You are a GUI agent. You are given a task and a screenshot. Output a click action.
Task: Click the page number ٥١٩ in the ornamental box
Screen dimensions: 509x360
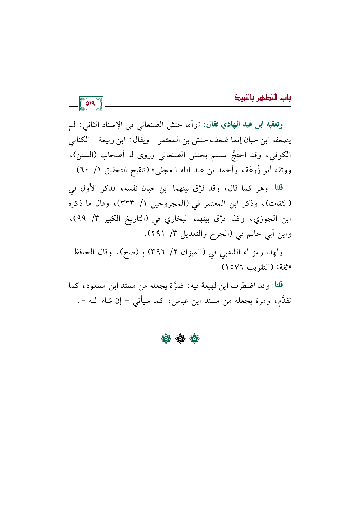point(91,104)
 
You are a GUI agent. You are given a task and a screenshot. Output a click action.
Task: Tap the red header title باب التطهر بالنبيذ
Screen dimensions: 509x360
point(263,97)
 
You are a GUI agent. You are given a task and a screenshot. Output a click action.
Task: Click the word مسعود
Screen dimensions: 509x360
point(98,286)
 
